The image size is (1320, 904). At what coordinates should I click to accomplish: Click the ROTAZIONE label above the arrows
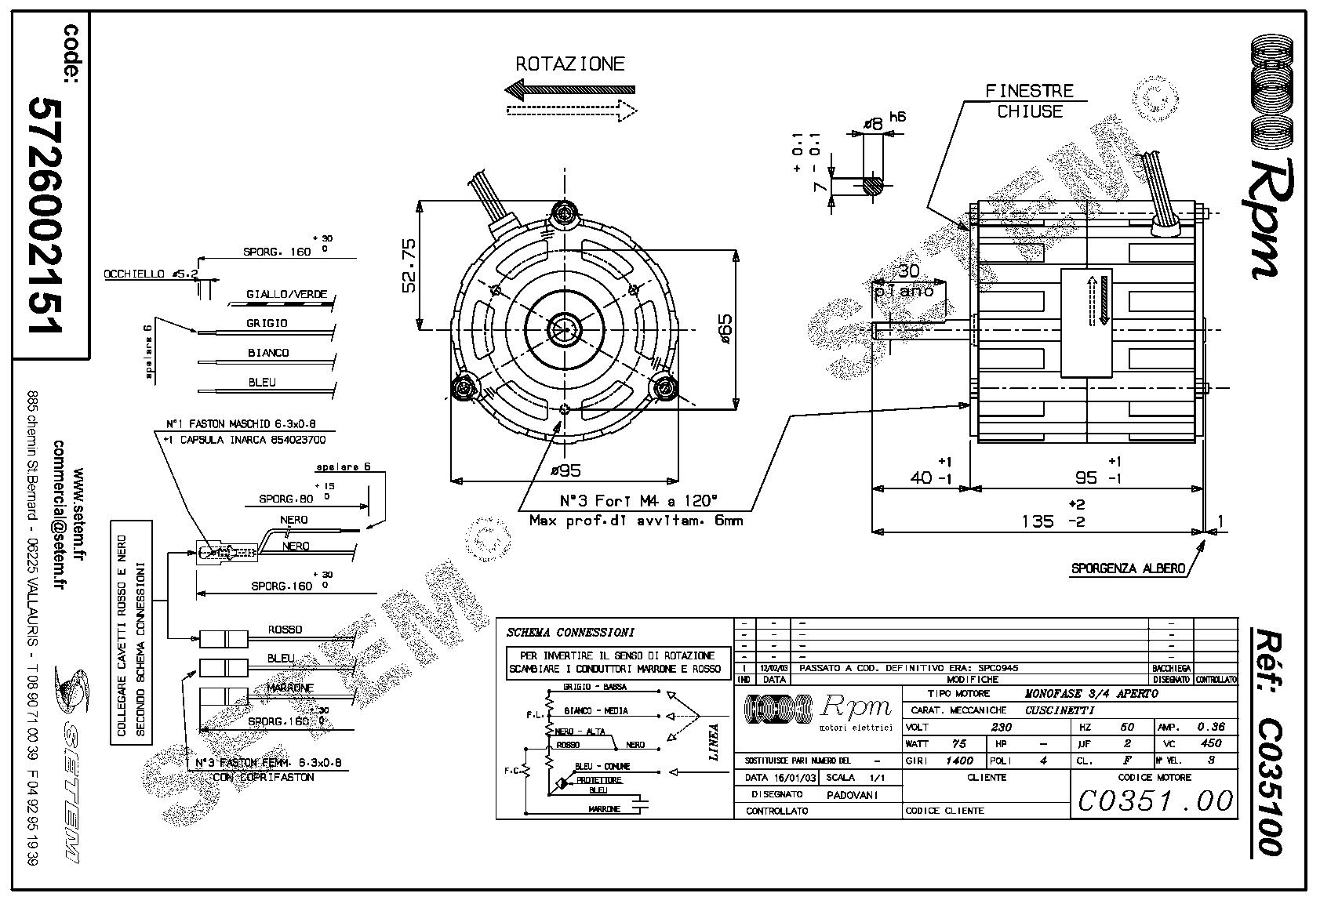click(x=569, y=64)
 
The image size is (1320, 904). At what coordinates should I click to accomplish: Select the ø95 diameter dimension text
click(x=565, y=470)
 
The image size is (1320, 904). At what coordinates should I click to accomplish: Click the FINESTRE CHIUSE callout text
click(x=1029, y=101)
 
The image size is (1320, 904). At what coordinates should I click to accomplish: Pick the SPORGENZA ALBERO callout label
click(x=1128, y=568)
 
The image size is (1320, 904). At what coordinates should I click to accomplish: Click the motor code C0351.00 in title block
click(x=1155, y=801)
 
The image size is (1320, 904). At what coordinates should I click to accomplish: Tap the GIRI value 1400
click(x=959, y=760)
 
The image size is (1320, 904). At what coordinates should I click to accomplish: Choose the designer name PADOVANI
click(x=853, y=794)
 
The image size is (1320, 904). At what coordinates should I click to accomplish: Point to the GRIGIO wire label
click(x=267, y=323)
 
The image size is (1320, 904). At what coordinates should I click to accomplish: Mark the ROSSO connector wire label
click(x=285, y=630)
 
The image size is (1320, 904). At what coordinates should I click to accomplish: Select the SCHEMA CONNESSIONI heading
click(x=570, y=632)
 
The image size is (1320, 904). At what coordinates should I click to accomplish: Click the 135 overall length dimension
click(x=1038, y=521)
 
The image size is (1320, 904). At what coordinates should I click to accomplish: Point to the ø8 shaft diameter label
click(x=872, y=123)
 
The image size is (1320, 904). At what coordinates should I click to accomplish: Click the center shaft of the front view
click(x=565, y=329)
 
